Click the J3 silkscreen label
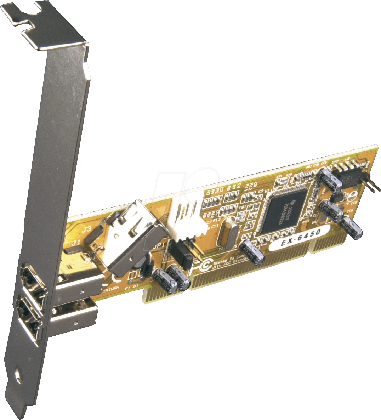(x=86, y=229)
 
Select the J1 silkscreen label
(x=75, y=243)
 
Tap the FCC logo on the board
(x=206, y=266)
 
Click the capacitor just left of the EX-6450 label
(x=252, y=252)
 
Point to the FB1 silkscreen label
(x=243, y=206)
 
